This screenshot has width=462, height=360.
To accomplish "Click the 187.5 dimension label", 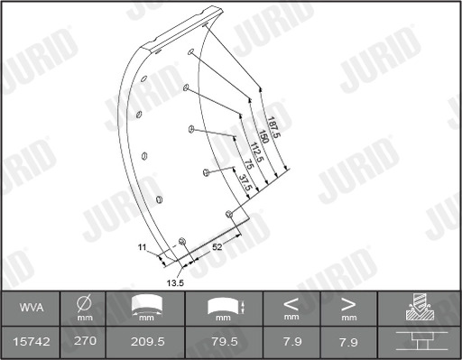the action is click(x=273, y=127).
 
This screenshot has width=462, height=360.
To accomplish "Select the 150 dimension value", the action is click(x=263, y=137).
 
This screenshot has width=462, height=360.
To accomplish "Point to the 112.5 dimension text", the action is click(x=256, y=152).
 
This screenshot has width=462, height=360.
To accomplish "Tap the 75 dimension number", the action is click(x=249, y=164).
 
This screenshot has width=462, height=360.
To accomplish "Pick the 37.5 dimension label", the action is click(x=245, y=183).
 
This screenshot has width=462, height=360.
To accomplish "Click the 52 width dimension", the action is click(x=217, y=247).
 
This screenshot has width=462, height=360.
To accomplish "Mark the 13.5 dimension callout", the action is click(x=175, y=283).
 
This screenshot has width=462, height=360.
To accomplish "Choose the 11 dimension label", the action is click(x=142, y=247).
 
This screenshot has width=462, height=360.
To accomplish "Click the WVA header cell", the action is click(x=32, y=308).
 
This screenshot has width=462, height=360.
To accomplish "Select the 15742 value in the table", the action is click(x=32, y=342).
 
